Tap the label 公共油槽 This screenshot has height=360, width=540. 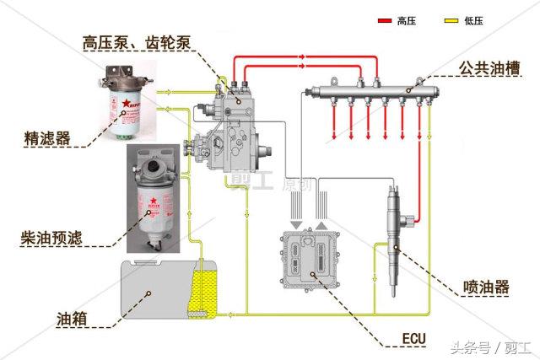pyautogui.click(x=489, y=66)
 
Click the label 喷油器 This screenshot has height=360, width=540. pyautogui.click(x=486, y=287)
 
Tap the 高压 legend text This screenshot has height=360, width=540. pyautogui.click(x=407, y=20)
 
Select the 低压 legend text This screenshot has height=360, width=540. pyautogui.click(x=474, y=20)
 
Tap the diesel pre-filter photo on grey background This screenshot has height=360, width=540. pyautogui.click(x=154, y=199)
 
